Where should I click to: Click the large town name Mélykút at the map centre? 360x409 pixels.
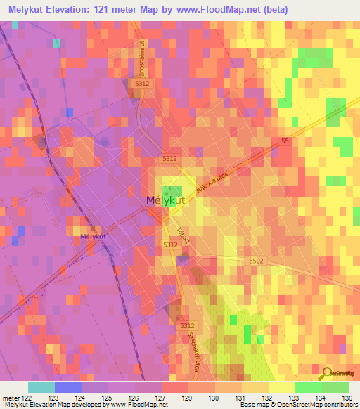167,200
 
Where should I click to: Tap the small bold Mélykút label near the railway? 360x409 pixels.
93,237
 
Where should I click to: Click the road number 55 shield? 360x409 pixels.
285,141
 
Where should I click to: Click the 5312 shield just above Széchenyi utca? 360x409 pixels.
186,326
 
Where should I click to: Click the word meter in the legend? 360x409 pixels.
10,398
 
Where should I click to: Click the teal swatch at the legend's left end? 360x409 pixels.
41,387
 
